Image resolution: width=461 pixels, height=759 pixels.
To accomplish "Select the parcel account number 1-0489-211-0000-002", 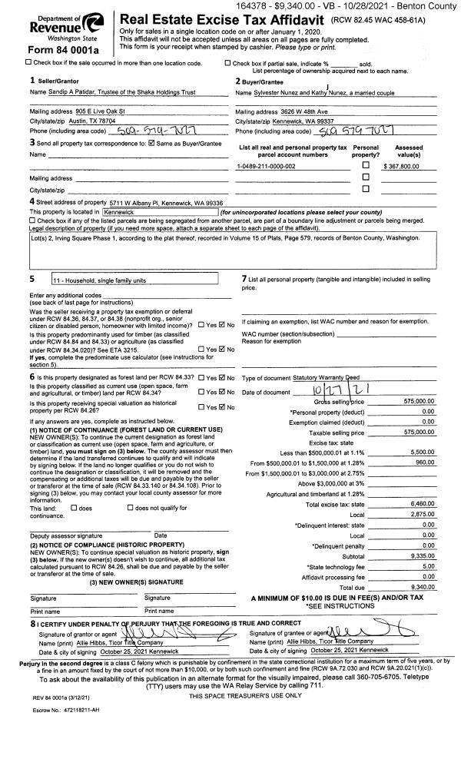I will [268, 166].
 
